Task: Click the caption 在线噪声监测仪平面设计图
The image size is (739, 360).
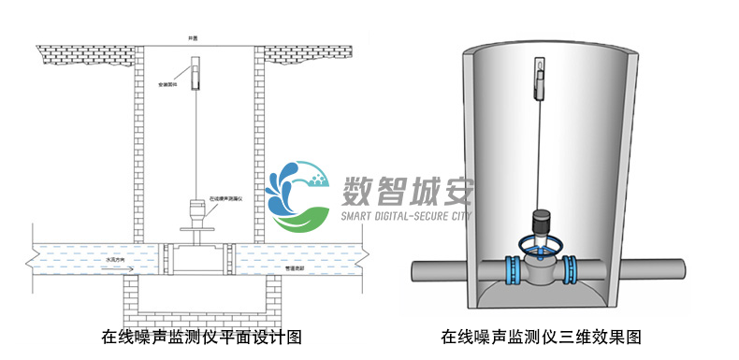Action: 200,335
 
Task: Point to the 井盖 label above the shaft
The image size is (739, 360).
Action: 194,37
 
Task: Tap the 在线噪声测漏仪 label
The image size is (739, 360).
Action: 227,199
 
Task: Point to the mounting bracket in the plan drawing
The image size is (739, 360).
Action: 196,71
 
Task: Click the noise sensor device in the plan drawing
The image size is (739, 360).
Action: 196,212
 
